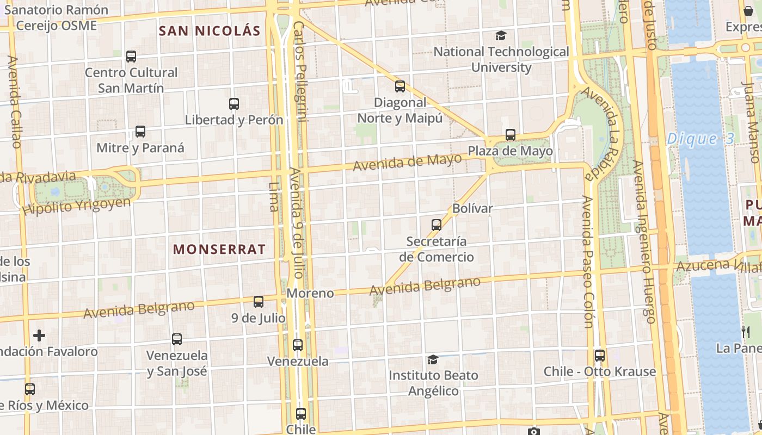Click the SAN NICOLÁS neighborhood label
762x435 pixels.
click(x=210, y=30)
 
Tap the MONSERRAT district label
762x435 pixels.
click(x=219, y=250)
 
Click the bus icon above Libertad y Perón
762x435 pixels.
click(x=234, y=103)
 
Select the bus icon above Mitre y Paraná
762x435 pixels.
click(x=140, y=131)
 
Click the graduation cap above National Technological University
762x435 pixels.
click(x=501, y=36)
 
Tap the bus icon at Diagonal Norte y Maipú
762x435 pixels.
click(x=400, y=86)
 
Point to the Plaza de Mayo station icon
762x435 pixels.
click(x=510, y=134)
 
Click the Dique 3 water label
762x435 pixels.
click(x=700, y=139)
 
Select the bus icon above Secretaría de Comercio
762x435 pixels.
click(x=436, y=225)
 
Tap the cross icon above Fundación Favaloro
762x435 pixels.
click(x=39, y=335)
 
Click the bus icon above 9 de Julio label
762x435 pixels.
click(x=259, y=301)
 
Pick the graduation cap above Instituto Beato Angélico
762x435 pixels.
click(x=433, y=359)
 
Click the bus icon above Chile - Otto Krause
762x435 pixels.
click(x=599, y=356)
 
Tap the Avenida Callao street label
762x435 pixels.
click(x=15, y=101)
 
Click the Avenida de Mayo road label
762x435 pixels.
click(x=407, y=161)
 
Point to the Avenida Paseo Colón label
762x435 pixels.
click(x=587, y=261)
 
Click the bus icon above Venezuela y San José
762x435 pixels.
click(x=177, y=339)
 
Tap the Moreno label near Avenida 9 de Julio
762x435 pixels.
click(x=310, y=293)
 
